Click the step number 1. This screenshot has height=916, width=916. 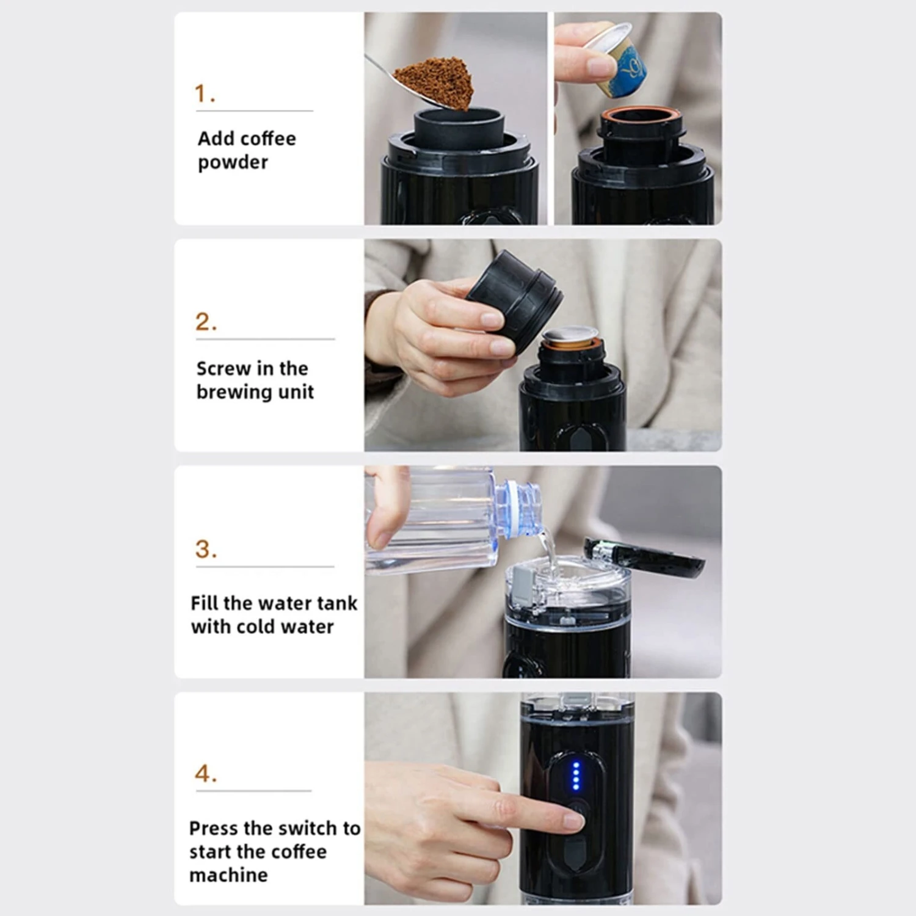coord(204,93)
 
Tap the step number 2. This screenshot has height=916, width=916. coord(206,322)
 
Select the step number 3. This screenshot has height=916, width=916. coord(206,549)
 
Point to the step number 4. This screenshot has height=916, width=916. coord(206,774)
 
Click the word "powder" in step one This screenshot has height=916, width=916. coord(233,163)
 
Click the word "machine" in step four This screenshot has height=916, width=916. coord(228,875)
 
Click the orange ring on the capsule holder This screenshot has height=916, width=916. coord(641,114)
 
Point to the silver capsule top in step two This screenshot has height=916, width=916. coord(570,335)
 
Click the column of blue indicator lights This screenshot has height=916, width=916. coord(575,776)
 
